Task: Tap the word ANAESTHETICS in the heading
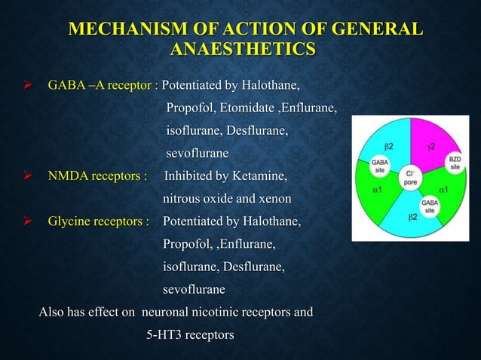point(242,50)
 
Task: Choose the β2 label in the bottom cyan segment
point(413,217)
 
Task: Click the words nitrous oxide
point(201,199)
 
